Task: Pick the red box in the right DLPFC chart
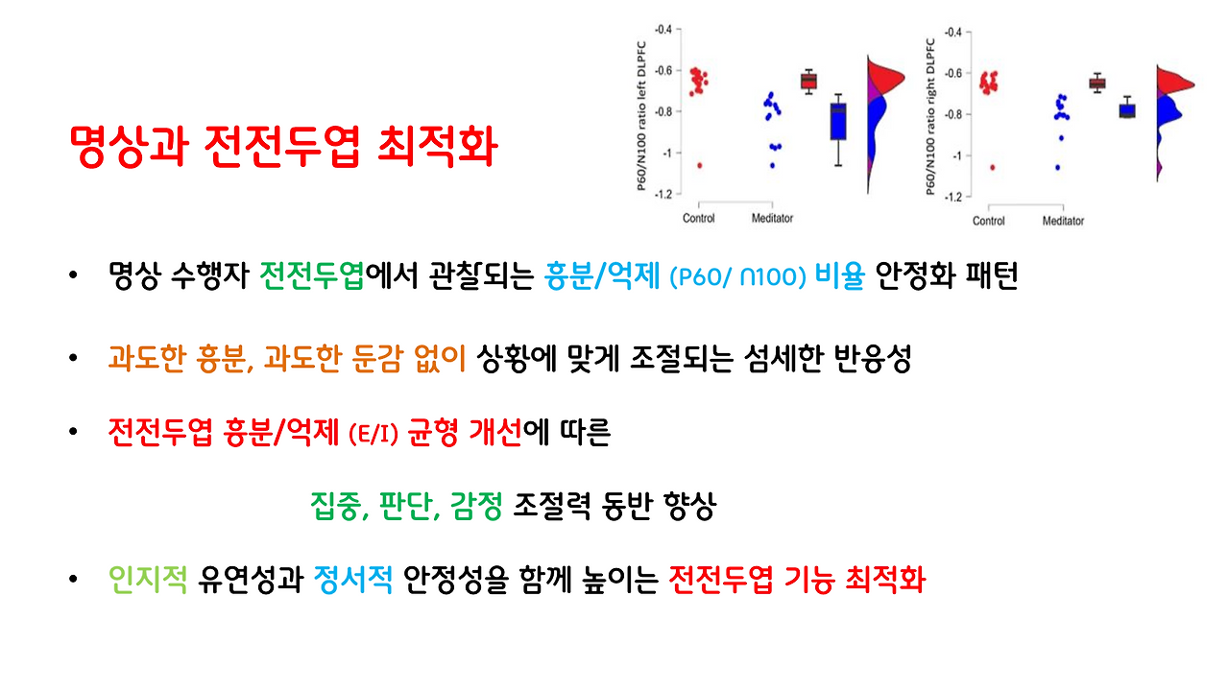(1096, 83)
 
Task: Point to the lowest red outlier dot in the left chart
(699, 165)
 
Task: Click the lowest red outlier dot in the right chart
(992, 167)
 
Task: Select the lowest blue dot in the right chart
(1058, 167)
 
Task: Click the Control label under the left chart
(698, 219)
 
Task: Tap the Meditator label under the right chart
(1063, 221)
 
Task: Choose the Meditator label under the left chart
(772, 219)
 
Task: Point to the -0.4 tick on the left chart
(662, 30)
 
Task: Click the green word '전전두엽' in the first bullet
(312, 277)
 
